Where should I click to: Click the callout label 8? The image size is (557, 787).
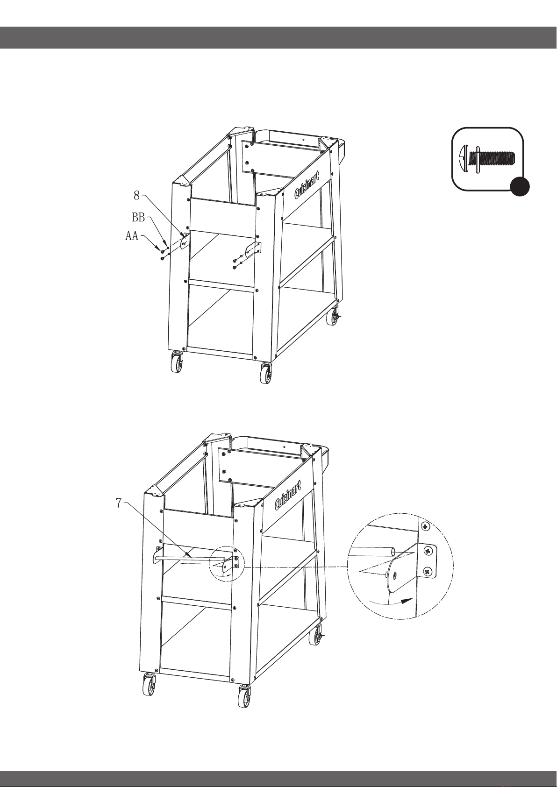(137, 196)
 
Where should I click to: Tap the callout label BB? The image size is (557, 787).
(138, 218)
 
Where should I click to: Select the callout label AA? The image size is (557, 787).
(132, 236)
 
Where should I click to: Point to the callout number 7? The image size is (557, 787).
(119, 503)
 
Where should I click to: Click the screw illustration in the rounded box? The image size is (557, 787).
(487, 158)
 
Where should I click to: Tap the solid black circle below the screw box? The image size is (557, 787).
(520, 186)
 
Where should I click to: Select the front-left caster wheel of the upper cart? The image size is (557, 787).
(177, 362)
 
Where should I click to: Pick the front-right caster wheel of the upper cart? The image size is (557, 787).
(266, 373)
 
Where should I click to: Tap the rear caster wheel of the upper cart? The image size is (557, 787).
(332, 316)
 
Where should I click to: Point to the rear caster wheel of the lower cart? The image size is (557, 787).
(315, 636)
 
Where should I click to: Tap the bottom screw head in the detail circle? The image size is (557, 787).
(427, 572)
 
